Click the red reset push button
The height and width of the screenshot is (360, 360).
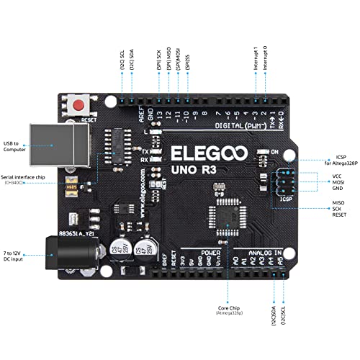coord(78,106)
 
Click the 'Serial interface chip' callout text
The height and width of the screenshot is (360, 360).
coord(19,177)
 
